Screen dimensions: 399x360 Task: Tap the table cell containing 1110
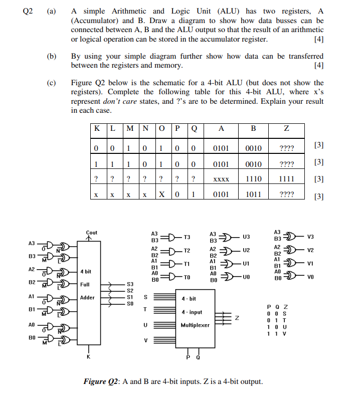(253, 179)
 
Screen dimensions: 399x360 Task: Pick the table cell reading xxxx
(221, 179)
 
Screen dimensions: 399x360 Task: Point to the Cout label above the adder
(92, 233)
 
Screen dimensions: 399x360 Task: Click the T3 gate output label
(187, 237)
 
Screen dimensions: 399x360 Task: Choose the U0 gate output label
(246, 277)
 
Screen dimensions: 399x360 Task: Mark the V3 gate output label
(310, 237)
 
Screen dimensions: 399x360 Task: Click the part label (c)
(51, 83)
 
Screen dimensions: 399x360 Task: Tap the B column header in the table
(253, 129)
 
